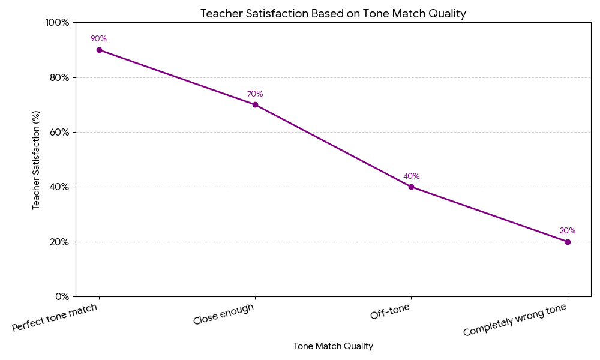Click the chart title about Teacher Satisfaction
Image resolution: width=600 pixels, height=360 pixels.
click(x=333, y=13)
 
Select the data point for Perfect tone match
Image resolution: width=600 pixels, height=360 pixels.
click(x=99, y=50)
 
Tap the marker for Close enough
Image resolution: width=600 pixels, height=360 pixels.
click(x=255, y=104)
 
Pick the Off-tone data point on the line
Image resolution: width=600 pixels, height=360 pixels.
click(x=411, y=187)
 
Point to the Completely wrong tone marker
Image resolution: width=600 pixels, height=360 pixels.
click(x=568, y=242)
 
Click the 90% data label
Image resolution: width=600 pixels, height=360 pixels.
click(x=98, y=39)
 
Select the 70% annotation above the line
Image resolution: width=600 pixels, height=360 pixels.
click(x=255, y=94)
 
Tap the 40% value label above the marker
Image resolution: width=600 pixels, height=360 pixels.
click(x=411, y=176)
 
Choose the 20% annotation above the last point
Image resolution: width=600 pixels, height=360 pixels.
click(x=568, y=231)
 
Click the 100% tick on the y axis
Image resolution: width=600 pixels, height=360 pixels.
click(x=57, y=23)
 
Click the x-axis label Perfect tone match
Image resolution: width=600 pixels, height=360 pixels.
click(x=55, y=317)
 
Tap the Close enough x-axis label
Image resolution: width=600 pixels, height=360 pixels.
click(x=224, y=314)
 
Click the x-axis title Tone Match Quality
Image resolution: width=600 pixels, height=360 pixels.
click(x=333, y=346)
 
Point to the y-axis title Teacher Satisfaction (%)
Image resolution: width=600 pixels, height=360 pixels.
click(x=37, y=160)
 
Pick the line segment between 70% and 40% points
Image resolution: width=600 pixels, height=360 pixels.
click(x=333, y=146)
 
